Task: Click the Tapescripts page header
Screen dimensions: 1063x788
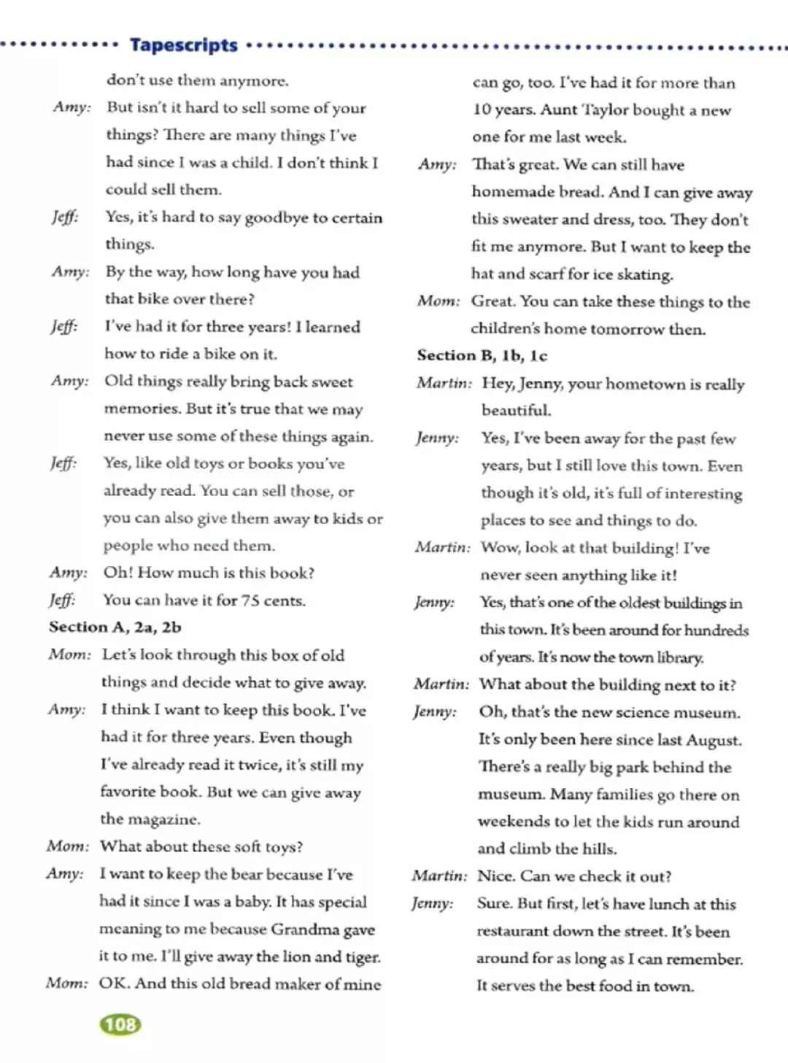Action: (x=183, y=45)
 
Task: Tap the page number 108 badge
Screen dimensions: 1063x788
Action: (x=120, y=1025)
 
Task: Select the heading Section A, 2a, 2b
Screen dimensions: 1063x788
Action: (x=115, y=627)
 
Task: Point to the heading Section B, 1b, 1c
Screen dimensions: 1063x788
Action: (x=482, y=356)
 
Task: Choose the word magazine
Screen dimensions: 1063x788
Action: (x=169, y=819)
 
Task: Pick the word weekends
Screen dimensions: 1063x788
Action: (x=515, y=822)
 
